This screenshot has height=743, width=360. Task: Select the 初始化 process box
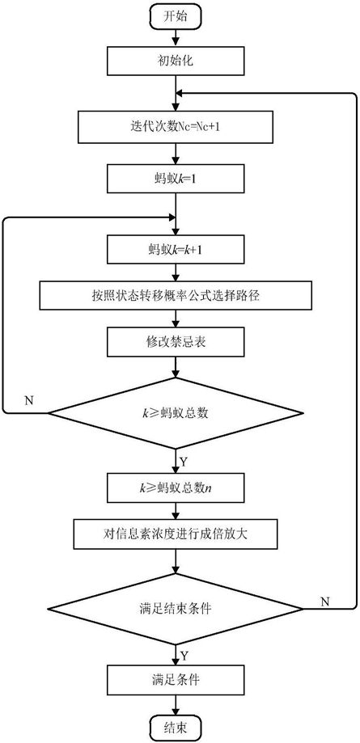tap(176, 62)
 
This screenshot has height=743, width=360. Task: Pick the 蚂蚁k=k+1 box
tap(176, 250)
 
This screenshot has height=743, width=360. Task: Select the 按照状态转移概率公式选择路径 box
tap(176, 297)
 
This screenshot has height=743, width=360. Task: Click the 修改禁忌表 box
tap(176, 343)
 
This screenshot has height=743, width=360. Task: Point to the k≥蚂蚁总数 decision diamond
tap(176, 412)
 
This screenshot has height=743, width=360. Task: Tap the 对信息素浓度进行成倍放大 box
tap(176, 535)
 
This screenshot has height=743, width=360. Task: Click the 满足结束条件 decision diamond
tap(176, 609)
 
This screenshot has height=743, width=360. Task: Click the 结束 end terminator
tap(176, 727)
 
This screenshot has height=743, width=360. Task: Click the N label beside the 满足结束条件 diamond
tap(325, 602)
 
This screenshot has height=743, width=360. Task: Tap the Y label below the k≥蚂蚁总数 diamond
tap(184, 461)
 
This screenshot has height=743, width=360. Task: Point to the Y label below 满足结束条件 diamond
tap(184, 656)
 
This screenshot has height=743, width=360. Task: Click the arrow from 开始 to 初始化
tap(176, 37)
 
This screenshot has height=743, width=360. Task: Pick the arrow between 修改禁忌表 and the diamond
tap(176, 367)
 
